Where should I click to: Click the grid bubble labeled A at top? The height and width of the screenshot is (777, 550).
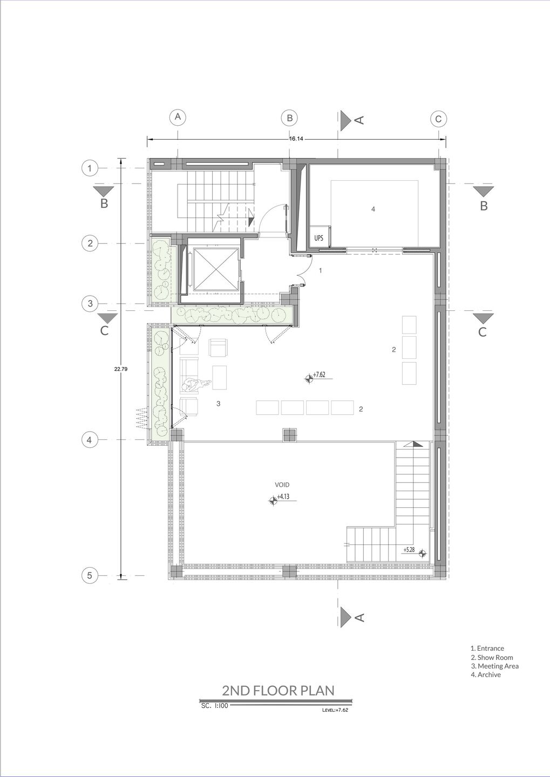point(178,118)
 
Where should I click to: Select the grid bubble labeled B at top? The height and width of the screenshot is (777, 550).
point(290,118)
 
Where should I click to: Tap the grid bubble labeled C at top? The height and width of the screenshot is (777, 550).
point(438,119)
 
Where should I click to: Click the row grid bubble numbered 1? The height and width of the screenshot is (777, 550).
point(90,168)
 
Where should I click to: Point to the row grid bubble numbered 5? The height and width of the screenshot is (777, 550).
point(90,575)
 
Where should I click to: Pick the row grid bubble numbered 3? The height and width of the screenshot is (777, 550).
point(90,304)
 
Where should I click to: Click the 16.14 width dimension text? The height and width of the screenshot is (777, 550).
point(296,139)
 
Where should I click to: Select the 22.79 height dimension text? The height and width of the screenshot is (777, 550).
point(120,369)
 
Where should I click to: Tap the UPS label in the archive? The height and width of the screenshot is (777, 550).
point(319,238)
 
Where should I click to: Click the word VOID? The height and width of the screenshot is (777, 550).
point(282,485)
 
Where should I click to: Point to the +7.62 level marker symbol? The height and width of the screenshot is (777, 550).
point(308,378)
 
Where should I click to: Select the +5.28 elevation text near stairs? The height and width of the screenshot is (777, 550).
point(409,550)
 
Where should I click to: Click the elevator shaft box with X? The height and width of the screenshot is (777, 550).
point(215,269)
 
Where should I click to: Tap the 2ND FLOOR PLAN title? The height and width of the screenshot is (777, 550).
point(278,690)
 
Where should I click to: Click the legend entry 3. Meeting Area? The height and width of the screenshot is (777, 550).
point(494,666)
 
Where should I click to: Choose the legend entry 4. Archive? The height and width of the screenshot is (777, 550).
point(485,674)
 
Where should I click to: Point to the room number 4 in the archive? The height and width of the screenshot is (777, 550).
point(373,209)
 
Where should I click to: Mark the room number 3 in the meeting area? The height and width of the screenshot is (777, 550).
point(218,404)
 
